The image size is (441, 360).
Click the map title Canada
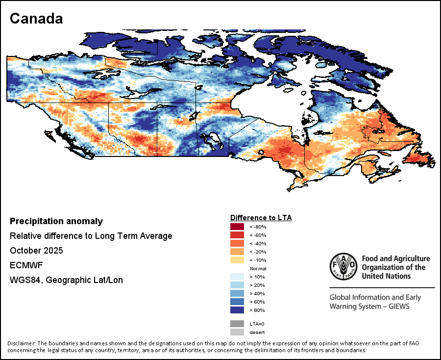[x=36, y=19]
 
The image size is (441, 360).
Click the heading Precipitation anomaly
[x=56, y=221]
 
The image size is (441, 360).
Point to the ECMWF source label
[x=24, y=265]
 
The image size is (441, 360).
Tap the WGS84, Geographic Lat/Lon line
[x=66, y=280]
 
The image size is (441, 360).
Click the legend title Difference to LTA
[x=261, y=218]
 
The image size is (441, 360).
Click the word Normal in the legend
[x=258, y=269]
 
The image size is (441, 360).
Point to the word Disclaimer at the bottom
[x=22, y=343]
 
